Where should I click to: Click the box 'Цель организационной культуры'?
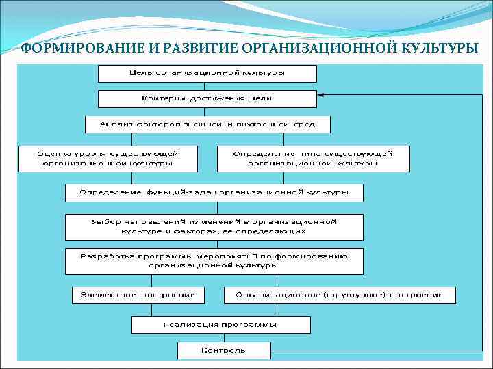(207, 73)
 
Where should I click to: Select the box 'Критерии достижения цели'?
(207, 98)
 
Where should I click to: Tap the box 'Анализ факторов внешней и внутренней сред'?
(207, 124)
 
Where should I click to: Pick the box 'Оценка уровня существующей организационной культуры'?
(108, 158)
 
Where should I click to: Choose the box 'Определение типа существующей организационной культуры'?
(313, 158)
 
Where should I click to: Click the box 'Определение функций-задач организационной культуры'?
(214, 193)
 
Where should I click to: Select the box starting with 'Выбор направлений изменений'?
(214, 227)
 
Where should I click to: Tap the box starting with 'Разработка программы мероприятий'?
(214, 260)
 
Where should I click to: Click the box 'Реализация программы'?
(220, 324)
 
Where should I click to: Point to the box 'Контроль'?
(223, 351)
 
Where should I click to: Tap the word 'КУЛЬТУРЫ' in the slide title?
(439, 48)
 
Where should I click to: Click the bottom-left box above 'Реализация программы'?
(139, 295)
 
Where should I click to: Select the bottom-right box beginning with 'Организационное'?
(340, 295)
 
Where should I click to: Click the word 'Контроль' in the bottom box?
(223, 351)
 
